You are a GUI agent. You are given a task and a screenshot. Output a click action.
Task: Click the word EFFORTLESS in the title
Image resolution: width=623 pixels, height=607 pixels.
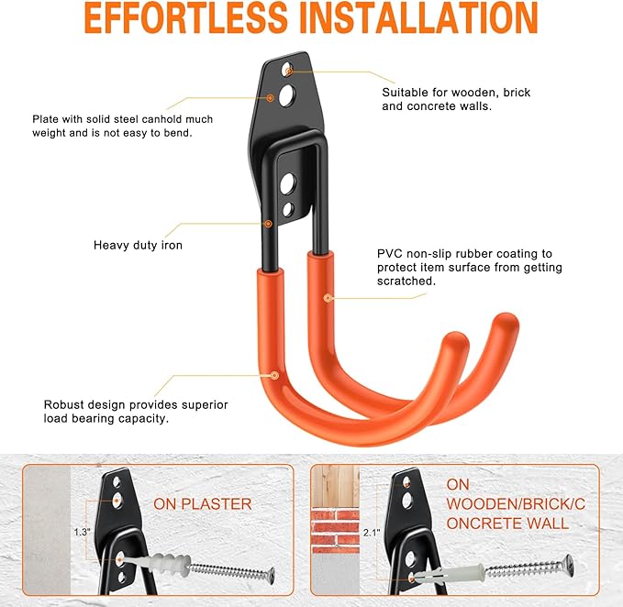click(x=185, y=17)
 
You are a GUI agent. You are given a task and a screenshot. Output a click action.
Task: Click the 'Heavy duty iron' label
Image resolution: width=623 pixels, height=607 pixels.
click(x=138, y=246)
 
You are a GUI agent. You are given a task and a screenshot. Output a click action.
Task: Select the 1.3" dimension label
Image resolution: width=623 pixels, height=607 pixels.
click(x=83, y=532)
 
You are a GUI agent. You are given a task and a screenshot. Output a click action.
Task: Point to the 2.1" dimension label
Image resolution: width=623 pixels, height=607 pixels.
click(x=372, y=533)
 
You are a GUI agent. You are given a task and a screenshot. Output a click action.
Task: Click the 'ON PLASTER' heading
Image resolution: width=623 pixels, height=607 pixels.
click(x=203, y=504)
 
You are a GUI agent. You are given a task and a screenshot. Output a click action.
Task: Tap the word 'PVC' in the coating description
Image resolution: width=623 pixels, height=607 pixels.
click(x=390, y=254)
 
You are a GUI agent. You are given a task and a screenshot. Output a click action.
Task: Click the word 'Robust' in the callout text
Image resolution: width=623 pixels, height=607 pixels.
click(x=62, y=404)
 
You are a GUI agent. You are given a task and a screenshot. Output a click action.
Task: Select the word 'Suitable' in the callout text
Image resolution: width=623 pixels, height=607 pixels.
click(x=404, y=93)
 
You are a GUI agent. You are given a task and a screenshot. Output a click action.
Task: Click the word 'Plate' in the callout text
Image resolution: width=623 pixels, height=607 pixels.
click(x=45, y=119)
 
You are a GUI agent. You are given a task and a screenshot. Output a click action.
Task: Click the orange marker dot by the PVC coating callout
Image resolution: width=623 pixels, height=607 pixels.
click(x=328, y=298)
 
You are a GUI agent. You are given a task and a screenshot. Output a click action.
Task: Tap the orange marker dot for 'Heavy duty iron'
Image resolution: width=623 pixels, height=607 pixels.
click(x=268, y=224)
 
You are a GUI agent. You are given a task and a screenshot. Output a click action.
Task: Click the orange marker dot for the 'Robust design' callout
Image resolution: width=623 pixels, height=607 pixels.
click(x=274, y=375)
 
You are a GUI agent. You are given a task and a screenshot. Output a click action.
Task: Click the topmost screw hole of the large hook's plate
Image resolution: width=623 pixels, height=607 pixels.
click(x=287, y=70)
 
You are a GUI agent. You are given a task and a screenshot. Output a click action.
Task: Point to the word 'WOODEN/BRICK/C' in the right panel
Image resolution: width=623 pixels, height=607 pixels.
click(x=516, y=504)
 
